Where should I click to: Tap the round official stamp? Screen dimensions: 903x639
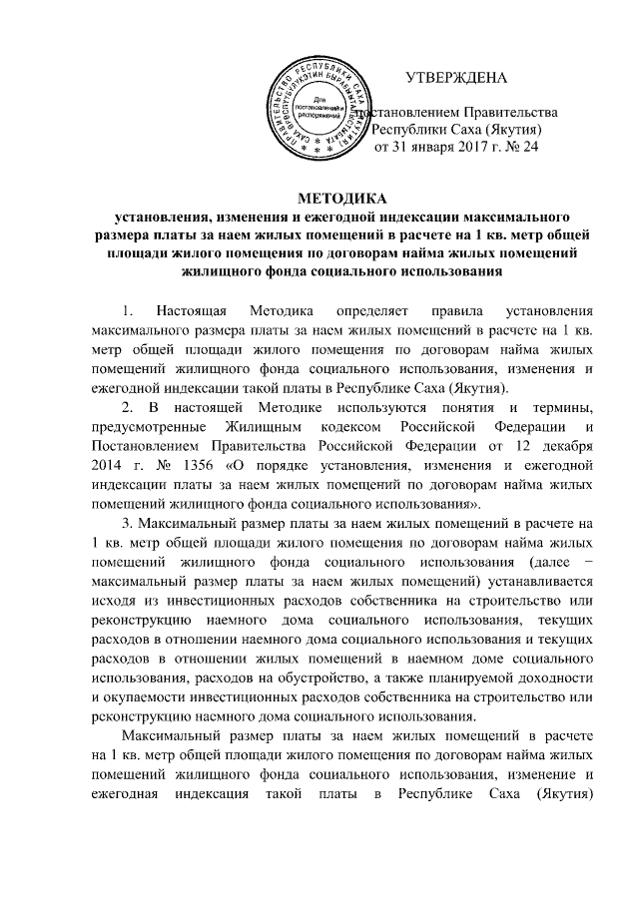click(x=317, y=107)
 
